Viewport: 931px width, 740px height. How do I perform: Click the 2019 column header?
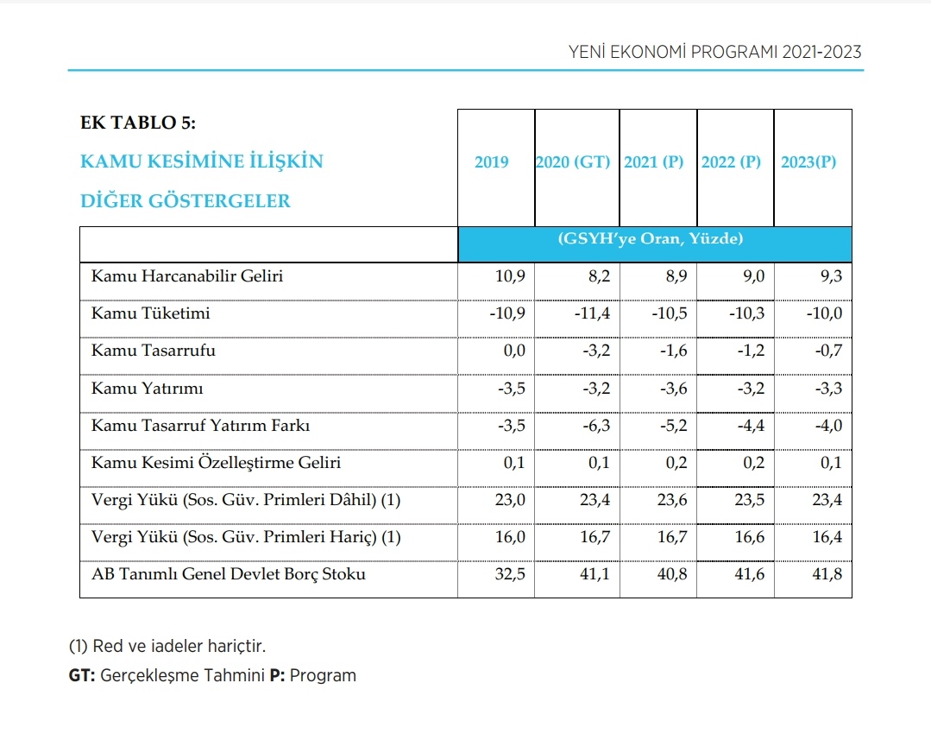pos(492,162)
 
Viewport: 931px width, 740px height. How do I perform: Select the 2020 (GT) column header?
pos(573,162)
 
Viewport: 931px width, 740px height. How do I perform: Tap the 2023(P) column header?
pos(808,162)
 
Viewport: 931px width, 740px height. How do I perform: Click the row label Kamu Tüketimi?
pos(150,313)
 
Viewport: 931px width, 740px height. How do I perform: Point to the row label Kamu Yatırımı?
pos(147,389)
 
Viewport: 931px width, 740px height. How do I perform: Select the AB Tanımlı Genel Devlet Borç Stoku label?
pos(228,574)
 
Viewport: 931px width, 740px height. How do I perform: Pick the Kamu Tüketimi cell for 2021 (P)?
pos(670,313)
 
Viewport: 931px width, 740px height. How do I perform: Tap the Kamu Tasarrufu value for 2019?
pos(512,351)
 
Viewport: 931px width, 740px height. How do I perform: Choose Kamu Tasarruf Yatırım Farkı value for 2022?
pos(747,426)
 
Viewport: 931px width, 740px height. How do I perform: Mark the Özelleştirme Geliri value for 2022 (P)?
pos(752,463)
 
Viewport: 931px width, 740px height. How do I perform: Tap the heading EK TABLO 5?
pos(138,123)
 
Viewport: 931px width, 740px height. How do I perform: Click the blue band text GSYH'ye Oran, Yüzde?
pos(651,239)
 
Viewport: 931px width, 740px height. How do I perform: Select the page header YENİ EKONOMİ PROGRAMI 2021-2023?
pos(715,53)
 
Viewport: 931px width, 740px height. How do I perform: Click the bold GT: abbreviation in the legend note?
pos(83,675)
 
